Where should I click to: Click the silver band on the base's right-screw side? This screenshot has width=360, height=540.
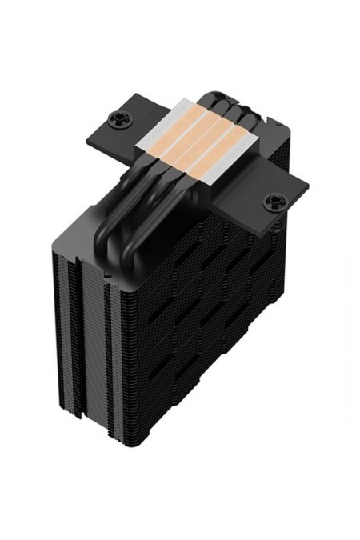[x=240, y=172]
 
